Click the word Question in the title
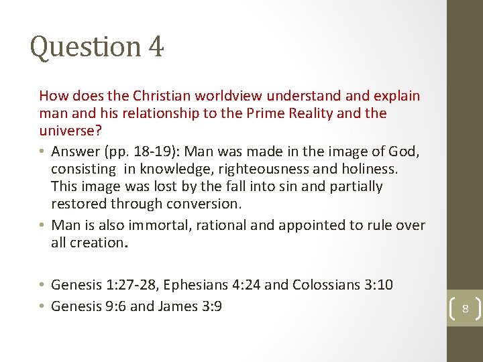[84, 48]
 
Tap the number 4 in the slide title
[156, 47]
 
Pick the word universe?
[68, 131]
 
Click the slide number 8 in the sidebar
[465, 309]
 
